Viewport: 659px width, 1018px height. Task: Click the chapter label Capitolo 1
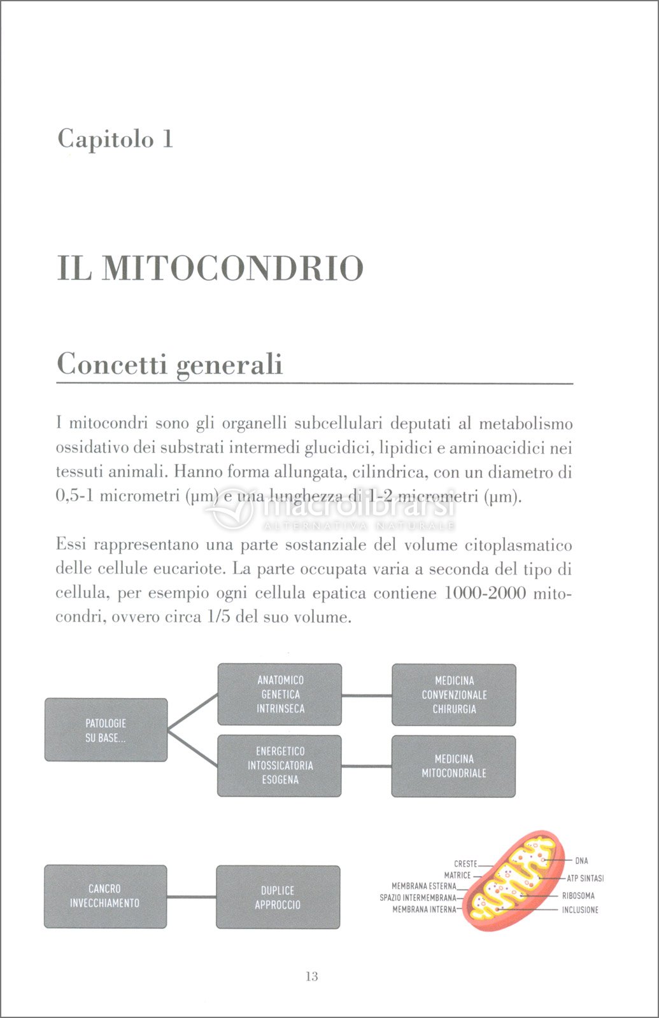coord(115,139)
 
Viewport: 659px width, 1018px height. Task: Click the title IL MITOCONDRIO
coord(210,268)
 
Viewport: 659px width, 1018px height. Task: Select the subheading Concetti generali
coord(169,365)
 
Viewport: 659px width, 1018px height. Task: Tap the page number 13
coord(312,977)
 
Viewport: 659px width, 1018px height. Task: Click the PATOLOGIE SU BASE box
coord(106,730)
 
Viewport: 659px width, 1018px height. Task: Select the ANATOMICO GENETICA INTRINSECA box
coord(280,694)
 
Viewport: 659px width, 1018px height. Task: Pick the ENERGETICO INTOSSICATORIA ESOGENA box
coord(280,765)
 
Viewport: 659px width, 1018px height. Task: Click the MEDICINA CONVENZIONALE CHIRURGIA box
coord(453,695)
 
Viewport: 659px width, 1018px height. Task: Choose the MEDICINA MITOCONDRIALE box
coord(453,766)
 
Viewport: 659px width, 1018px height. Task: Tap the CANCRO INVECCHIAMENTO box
coord(105,896)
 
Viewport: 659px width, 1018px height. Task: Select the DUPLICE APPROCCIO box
coord(278,897)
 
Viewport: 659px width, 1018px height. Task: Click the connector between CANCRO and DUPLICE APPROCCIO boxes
coord(191,897)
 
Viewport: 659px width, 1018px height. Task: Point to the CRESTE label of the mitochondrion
coord(465,863)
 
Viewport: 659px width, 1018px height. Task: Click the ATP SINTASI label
coord(585,878)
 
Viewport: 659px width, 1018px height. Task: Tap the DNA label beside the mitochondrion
coord(581,861)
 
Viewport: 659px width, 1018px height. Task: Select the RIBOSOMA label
coord(578,895)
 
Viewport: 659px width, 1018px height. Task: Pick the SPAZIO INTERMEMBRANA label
coord(418,898)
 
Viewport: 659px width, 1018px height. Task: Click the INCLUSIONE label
coord(579,910)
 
